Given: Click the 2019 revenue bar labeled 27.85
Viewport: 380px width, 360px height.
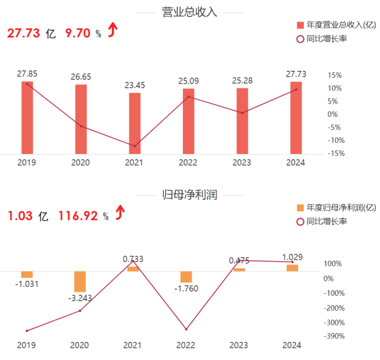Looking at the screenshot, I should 27,117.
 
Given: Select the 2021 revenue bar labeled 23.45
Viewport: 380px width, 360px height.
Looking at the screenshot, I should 134,123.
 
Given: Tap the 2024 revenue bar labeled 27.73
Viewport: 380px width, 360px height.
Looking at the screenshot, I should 296,117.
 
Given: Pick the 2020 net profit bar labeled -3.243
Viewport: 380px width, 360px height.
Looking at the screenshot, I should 81,282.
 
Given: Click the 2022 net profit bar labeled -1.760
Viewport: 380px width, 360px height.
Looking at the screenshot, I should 186,277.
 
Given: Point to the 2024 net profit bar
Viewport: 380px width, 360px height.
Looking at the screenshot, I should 292,268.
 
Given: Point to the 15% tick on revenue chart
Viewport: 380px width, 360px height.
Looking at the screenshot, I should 335,75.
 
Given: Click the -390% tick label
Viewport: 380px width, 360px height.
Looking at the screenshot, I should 334,336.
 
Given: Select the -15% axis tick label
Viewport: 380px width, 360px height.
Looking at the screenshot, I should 335,153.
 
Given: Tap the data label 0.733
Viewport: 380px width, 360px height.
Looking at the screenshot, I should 133,259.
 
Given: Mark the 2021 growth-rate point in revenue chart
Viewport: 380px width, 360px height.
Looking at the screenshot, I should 134,146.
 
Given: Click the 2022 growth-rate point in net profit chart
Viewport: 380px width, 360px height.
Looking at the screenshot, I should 186,330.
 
